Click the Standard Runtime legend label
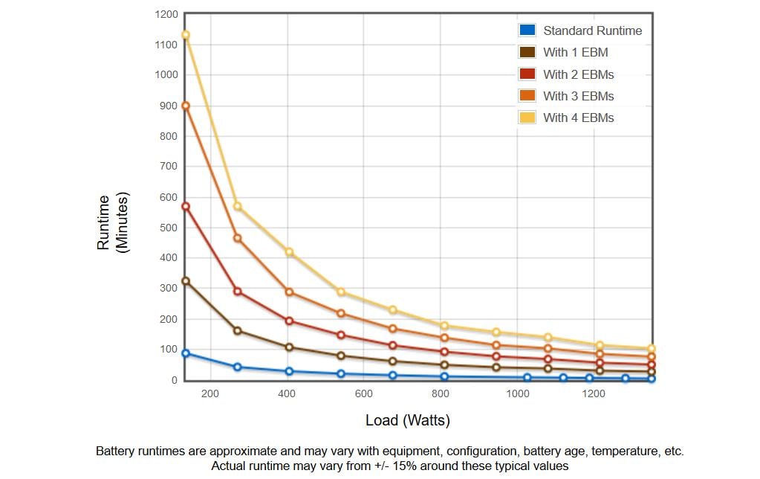(592, 30)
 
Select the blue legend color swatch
(527, 30)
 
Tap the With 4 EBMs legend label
(578, 118)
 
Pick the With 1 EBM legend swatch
(527, 52)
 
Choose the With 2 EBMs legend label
(578, 74)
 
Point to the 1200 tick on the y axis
(166, 15)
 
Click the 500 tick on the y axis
(168, 228)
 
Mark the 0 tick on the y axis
(174, 381)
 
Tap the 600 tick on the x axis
(363, 393)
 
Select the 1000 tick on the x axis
(518, 393)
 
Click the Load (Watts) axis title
(408, 419)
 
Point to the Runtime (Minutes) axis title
(112, 222)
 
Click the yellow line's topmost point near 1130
(185, 35)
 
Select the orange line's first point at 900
(185, 106)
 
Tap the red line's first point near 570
(185, 206)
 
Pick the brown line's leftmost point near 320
(185, 281)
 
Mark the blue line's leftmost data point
(185, 353)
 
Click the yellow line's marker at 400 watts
(289, 252)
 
